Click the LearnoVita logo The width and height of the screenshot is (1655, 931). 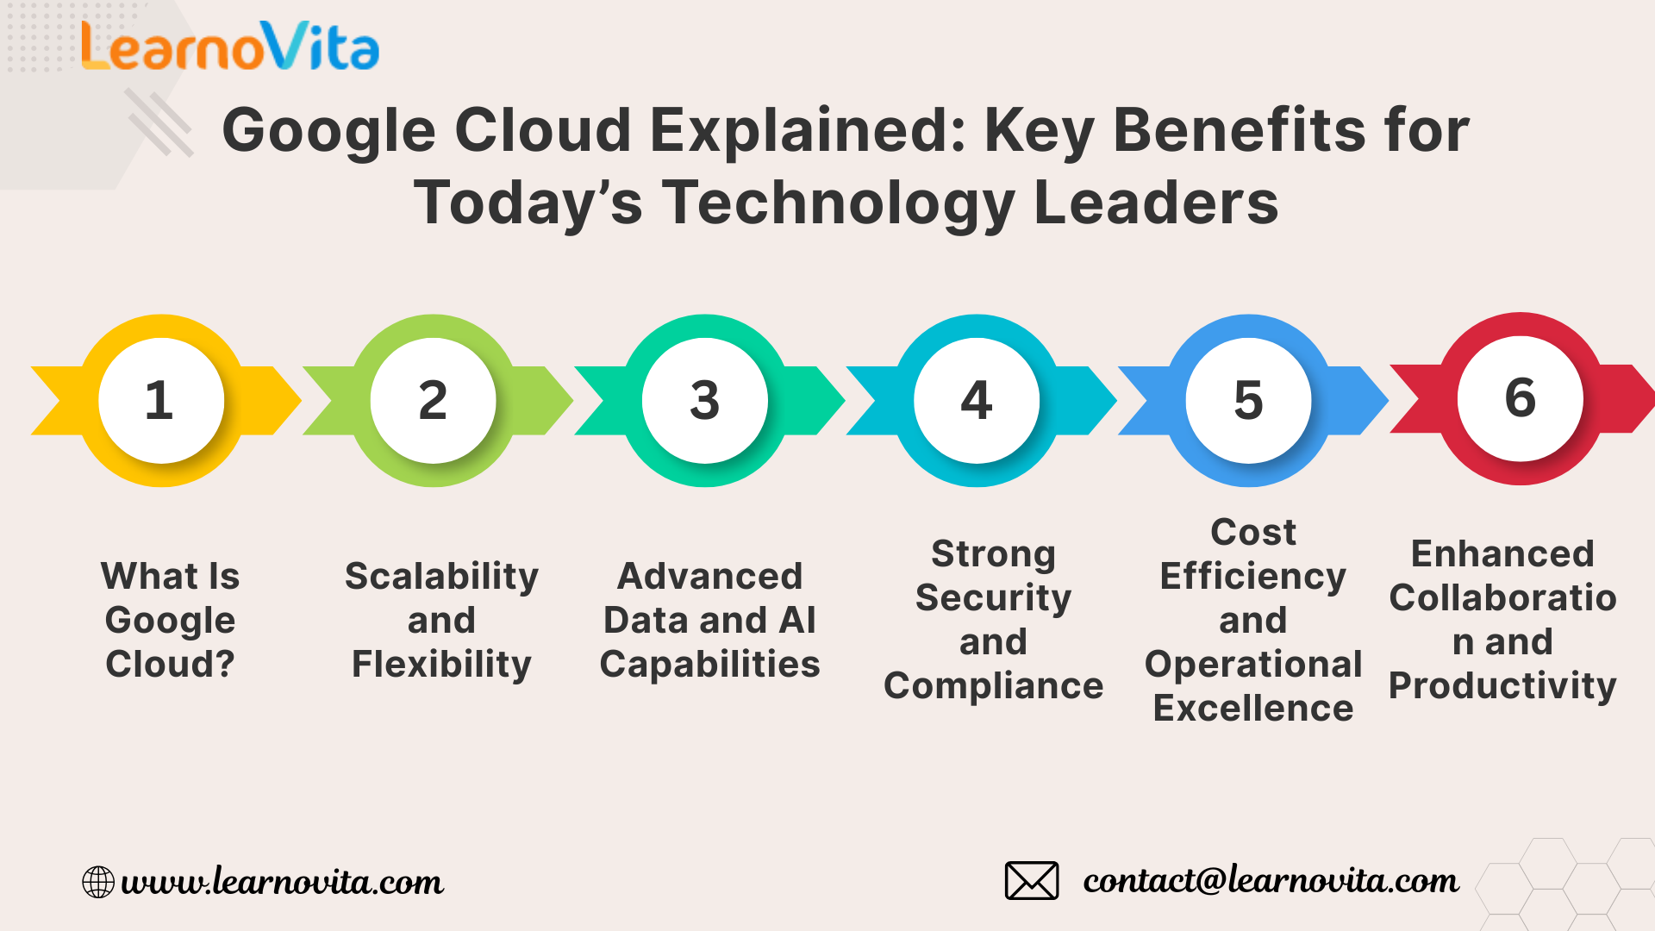230,46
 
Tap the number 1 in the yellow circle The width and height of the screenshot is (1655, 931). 159,400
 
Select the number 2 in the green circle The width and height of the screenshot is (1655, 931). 433,400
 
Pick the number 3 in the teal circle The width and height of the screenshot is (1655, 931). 704,400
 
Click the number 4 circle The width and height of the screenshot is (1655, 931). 977,401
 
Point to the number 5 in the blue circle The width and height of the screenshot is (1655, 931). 1248,401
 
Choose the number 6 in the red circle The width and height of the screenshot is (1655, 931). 1521,397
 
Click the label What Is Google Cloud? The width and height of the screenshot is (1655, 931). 170,620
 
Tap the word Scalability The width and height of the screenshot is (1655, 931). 441,577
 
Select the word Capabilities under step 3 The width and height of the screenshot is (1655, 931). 709,665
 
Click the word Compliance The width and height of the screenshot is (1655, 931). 993,686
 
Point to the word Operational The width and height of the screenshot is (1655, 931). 1253,665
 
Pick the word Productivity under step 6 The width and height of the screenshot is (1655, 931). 1502,686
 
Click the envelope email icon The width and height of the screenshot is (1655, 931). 1032,880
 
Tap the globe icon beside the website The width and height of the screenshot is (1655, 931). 98,882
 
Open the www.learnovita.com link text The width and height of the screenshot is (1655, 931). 283,882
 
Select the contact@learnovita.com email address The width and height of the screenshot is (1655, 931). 1271,880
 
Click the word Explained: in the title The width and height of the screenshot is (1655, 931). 809,130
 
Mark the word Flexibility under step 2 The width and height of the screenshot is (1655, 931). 441,665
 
